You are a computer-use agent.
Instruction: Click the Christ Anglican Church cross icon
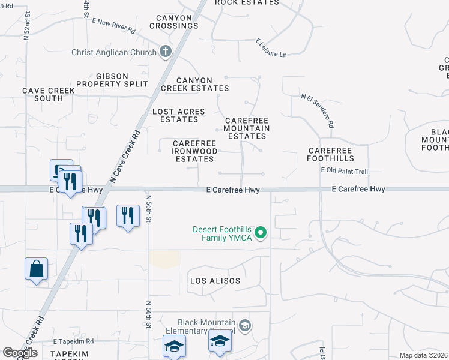[166, 52]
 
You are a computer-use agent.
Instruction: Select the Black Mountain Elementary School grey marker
[244, 326]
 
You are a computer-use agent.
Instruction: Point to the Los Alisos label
[215, 281]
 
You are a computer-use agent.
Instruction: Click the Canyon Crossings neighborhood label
[170, 22]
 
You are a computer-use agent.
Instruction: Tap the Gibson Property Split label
[121, 80]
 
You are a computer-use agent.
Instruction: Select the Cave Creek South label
[49, 94]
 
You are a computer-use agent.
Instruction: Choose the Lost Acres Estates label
[179, 115]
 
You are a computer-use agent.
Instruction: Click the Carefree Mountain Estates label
[247, 128]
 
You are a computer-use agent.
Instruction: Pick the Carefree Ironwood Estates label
[194, 151]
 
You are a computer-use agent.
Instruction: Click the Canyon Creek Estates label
[194, 84]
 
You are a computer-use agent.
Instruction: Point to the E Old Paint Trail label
[344, 171]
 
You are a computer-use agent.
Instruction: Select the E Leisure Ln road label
[271, 48]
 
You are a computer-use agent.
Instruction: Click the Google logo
[20, 353]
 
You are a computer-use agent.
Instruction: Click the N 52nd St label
[26, 25]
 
